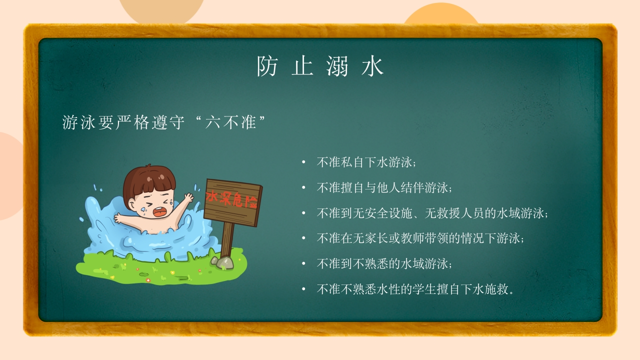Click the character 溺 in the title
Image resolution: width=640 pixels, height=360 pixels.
[337, 66]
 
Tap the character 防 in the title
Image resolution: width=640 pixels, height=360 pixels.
[267, 66]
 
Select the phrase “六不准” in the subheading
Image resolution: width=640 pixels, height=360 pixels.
[230, 122]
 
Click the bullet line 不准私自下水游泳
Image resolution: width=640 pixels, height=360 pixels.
[366, 162]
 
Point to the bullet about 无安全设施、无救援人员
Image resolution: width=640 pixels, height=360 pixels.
[432, 213]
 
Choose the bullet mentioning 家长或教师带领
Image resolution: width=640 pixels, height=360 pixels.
[420, 238]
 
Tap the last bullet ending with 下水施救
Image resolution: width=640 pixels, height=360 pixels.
[415, 289]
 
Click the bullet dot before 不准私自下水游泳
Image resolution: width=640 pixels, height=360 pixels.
[303, 162]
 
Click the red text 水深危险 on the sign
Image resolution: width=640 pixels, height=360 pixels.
[231, 199]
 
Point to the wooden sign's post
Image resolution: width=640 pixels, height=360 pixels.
[227, 240]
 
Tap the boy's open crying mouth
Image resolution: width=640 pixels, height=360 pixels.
[158, 211]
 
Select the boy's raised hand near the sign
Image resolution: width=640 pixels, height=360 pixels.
[188, 197]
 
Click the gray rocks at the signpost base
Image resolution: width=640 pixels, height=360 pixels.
[222, 263]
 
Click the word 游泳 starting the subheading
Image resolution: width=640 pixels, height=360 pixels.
[78, 122]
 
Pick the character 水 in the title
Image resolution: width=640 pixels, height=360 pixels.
[372, 66]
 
